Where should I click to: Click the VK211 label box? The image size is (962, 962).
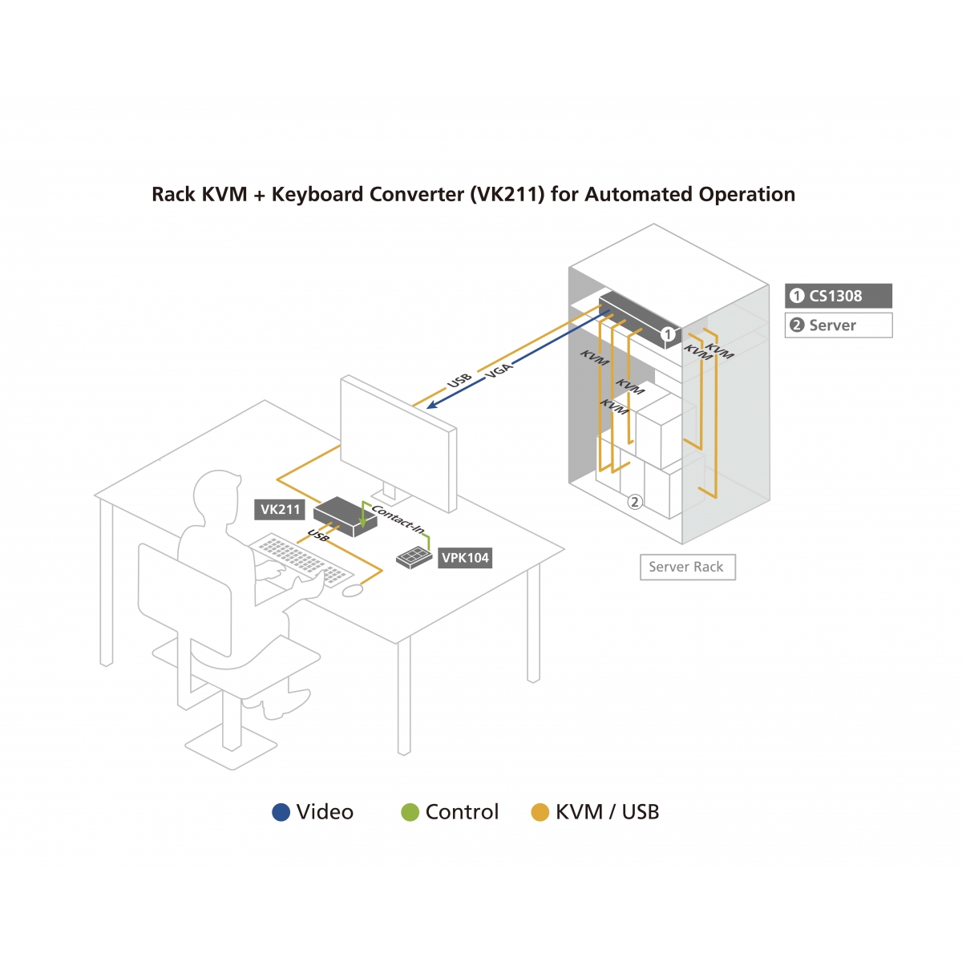[281, 509]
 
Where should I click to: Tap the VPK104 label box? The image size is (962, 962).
[465, 558]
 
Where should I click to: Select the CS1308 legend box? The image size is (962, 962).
[838, 296]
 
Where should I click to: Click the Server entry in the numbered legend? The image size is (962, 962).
[838, 325]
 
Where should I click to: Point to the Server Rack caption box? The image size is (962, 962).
[687, 567]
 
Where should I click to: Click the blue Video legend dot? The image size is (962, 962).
[281, 812]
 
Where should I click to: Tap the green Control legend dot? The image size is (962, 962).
[410, 812]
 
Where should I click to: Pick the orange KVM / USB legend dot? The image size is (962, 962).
[540, 812]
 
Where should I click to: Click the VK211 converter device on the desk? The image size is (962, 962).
[345, 515]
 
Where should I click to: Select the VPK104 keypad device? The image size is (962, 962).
[414, 557]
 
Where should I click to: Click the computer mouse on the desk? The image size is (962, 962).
[353, 591]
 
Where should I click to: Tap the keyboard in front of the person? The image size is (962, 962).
[301, 560]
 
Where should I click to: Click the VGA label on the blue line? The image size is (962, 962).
[499, 370]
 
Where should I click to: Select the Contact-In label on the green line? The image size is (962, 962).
[398, 519]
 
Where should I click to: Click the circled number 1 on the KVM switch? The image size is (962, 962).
[668, 333]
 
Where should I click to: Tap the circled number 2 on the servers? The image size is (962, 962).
[634, 502]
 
